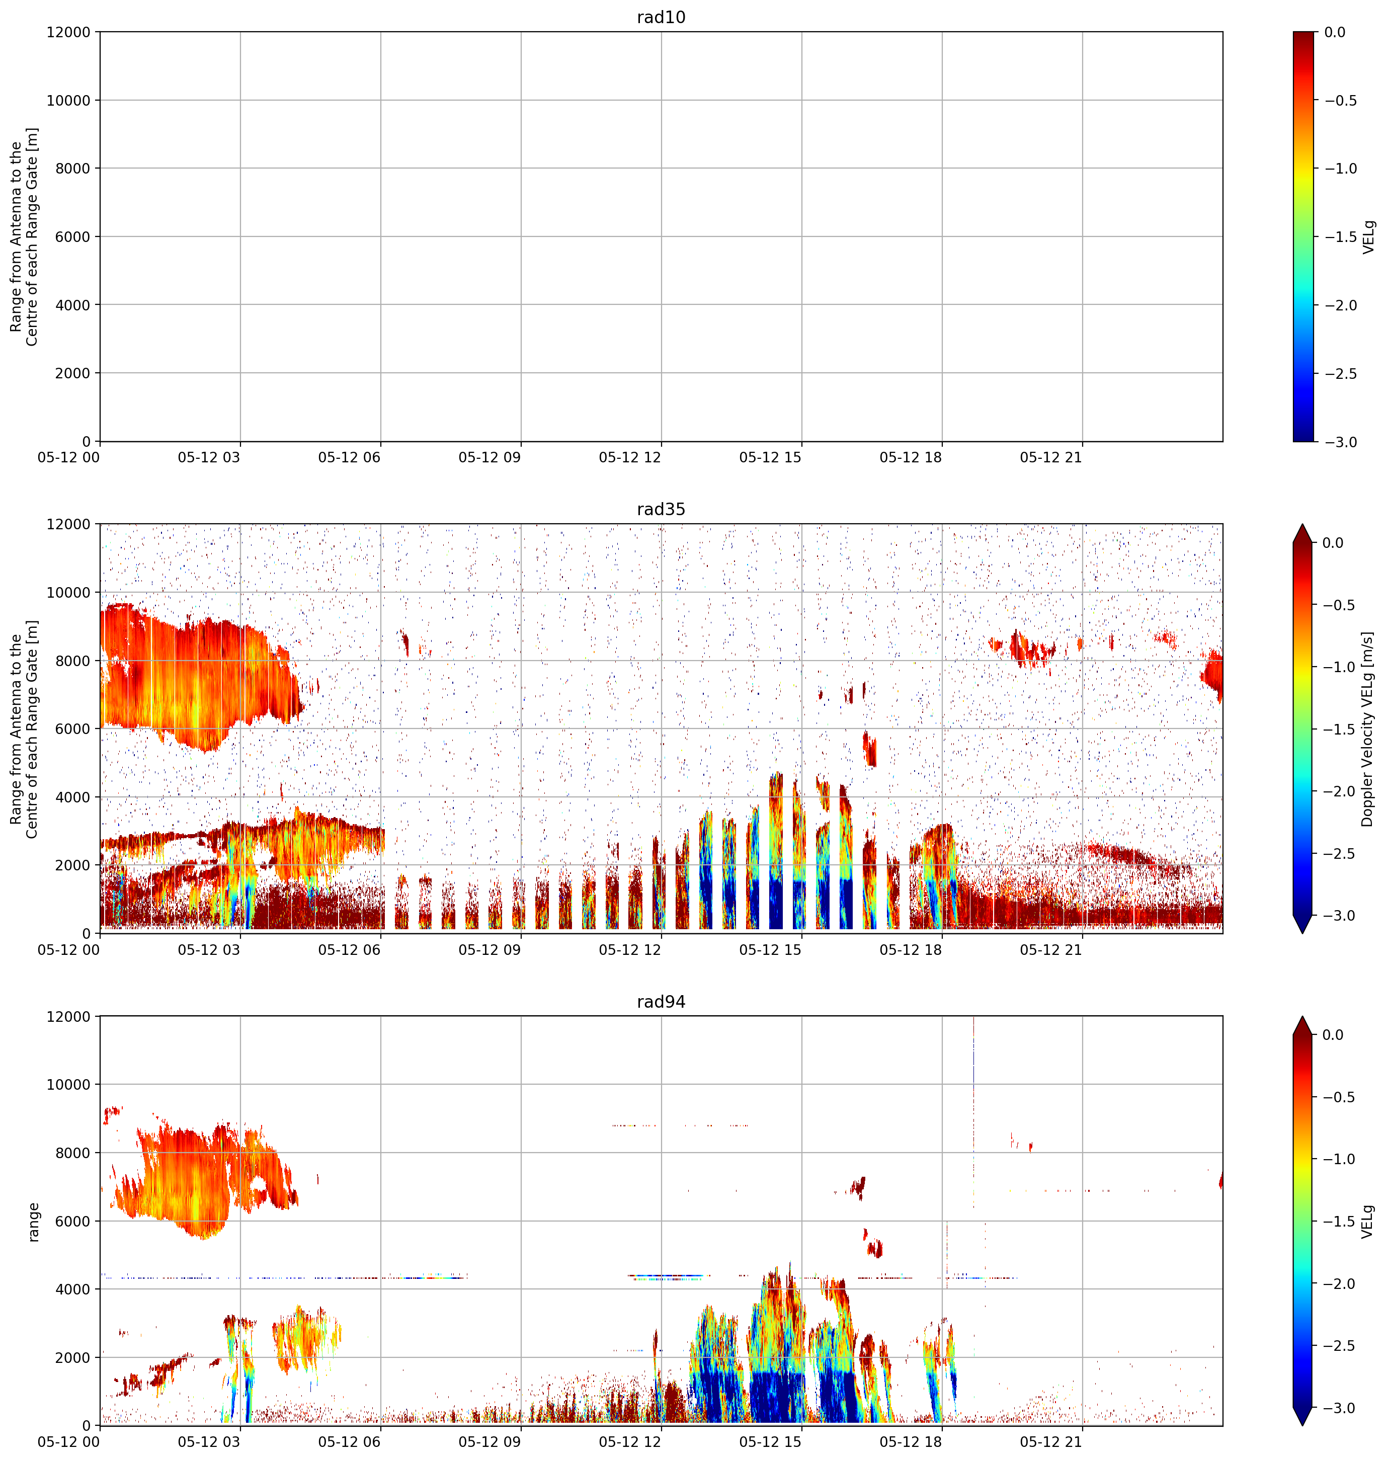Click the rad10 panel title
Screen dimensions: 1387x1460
click(661, 17)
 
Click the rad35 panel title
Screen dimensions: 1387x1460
click(661, 509)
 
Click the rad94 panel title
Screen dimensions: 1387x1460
click(661, 1002)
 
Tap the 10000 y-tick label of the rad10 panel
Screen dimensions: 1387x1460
click(68, 101)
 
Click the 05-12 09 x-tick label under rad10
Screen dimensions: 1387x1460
click(489, 458)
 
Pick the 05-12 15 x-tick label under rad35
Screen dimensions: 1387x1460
click(770, 950)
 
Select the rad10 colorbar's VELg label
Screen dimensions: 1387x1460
click(1368, 236)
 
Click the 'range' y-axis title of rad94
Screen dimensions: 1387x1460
click(33, 1222)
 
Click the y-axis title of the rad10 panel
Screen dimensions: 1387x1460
click(24, 236)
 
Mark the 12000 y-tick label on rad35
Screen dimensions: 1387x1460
click(68, 525)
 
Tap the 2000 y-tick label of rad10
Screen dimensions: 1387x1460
click(72, 373)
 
